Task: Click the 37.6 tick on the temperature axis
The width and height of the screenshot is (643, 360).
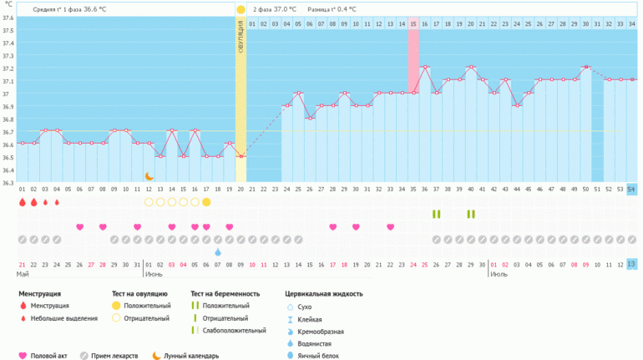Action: [8, 18]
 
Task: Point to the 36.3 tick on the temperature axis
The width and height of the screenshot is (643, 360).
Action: [8, 183]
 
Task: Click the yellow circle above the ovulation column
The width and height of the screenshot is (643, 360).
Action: [240, 9]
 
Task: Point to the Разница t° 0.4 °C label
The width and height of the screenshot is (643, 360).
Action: [332, 9]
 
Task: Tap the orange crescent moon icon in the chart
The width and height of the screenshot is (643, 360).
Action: [149, 176]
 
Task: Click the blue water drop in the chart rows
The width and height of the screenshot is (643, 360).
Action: [218, 251]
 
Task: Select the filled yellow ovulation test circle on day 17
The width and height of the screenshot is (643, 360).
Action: [206, 202]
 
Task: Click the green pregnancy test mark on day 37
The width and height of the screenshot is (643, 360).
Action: [437, 215]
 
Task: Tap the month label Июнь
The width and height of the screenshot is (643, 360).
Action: [154, 273]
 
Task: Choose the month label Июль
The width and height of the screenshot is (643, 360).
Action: [499, 273]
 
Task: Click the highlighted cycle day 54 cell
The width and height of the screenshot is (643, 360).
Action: [631, 190]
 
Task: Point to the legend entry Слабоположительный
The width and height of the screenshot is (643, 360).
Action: [226, 331]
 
